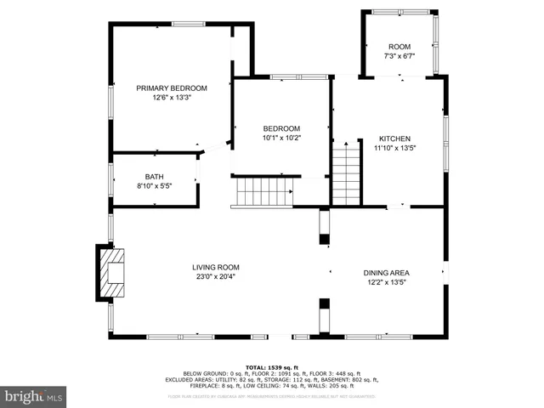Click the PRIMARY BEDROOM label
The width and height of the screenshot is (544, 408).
(172, 88)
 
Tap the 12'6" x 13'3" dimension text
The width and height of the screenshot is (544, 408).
(172, 98)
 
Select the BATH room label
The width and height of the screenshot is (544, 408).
(154, 176)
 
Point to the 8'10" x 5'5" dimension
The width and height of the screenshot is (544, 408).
(154, 186)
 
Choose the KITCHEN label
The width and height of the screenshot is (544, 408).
(394, 139)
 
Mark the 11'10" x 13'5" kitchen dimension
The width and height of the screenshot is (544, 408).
(394, 149)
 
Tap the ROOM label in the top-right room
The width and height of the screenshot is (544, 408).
(399, 46)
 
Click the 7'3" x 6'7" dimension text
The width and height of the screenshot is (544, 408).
(399, 56)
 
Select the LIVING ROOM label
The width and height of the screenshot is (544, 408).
(215, 266)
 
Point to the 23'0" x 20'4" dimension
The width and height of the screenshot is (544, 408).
(215, 276)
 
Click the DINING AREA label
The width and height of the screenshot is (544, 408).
(387, 273)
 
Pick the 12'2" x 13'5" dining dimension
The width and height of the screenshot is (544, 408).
(387, 283)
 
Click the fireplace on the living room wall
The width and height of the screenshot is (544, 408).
(110, 272)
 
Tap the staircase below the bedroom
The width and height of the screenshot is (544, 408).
(263, 192)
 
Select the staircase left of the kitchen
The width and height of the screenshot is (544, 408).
(346, 175)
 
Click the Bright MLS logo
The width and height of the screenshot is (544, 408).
(34, 396)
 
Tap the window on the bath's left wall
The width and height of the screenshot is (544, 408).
(110, 179)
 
